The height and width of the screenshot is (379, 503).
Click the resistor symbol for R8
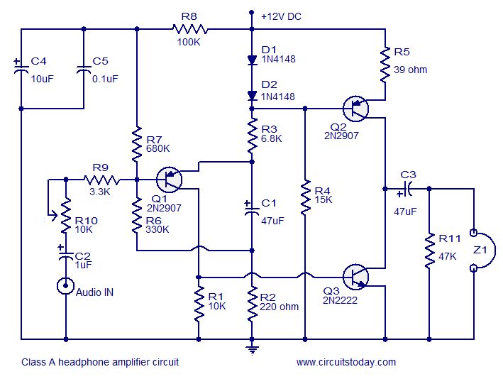[189, 29]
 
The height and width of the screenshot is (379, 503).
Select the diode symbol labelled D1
[252, 60]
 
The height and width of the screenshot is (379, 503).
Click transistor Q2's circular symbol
[356, 109]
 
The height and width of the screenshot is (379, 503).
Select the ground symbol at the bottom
[252, 347]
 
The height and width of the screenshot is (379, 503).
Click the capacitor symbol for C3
[409, 189]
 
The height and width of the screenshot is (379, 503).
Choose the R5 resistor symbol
[385, 65]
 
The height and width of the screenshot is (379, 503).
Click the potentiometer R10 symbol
[65, 215]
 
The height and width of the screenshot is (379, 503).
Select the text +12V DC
[282, 16]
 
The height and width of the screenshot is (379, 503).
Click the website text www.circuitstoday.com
[346, 362]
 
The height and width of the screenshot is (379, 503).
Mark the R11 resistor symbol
[429, 249]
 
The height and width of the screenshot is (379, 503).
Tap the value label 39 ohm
[411, 70]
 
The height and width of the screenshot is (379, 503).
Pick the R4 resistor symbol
[304, 198]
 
